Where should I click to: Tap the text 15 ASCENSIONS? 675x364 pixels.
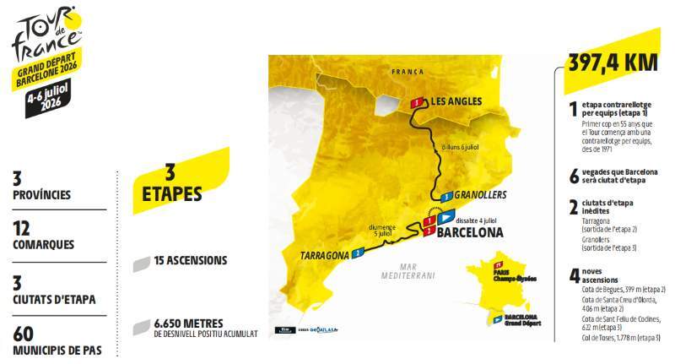pos(191,260)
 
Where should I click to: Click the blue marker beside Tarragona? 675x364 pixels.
pos(359,252)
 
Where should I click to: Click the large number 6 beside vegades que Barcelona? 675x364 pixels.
pos(573,174)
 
